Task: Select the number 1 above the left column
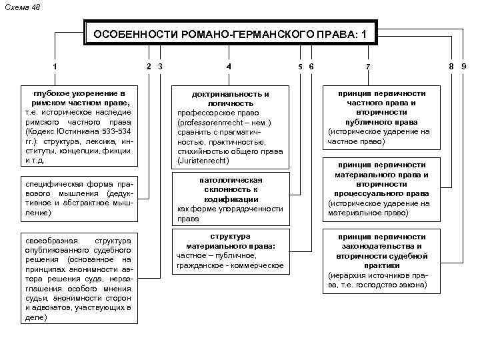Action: tap(55, 66)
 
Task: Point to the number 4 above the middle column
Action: tap(229, 66)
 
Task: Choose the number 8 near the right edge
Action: tap(451, 66)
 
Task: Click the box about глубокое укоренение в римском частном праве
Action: tap(77, 127)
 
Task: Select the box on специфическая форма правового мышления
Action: tap(77, 198)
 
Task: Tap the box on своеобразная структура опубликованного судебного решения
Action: tap(77, 277)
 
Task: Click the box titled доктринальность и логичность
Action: tap(230, 127)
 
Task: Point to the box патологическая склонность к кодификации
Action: tap(230, 199)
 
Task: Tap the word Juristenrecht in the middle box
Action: tap(203, 161)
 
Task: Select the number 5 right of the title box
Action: tap(301, 66)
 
